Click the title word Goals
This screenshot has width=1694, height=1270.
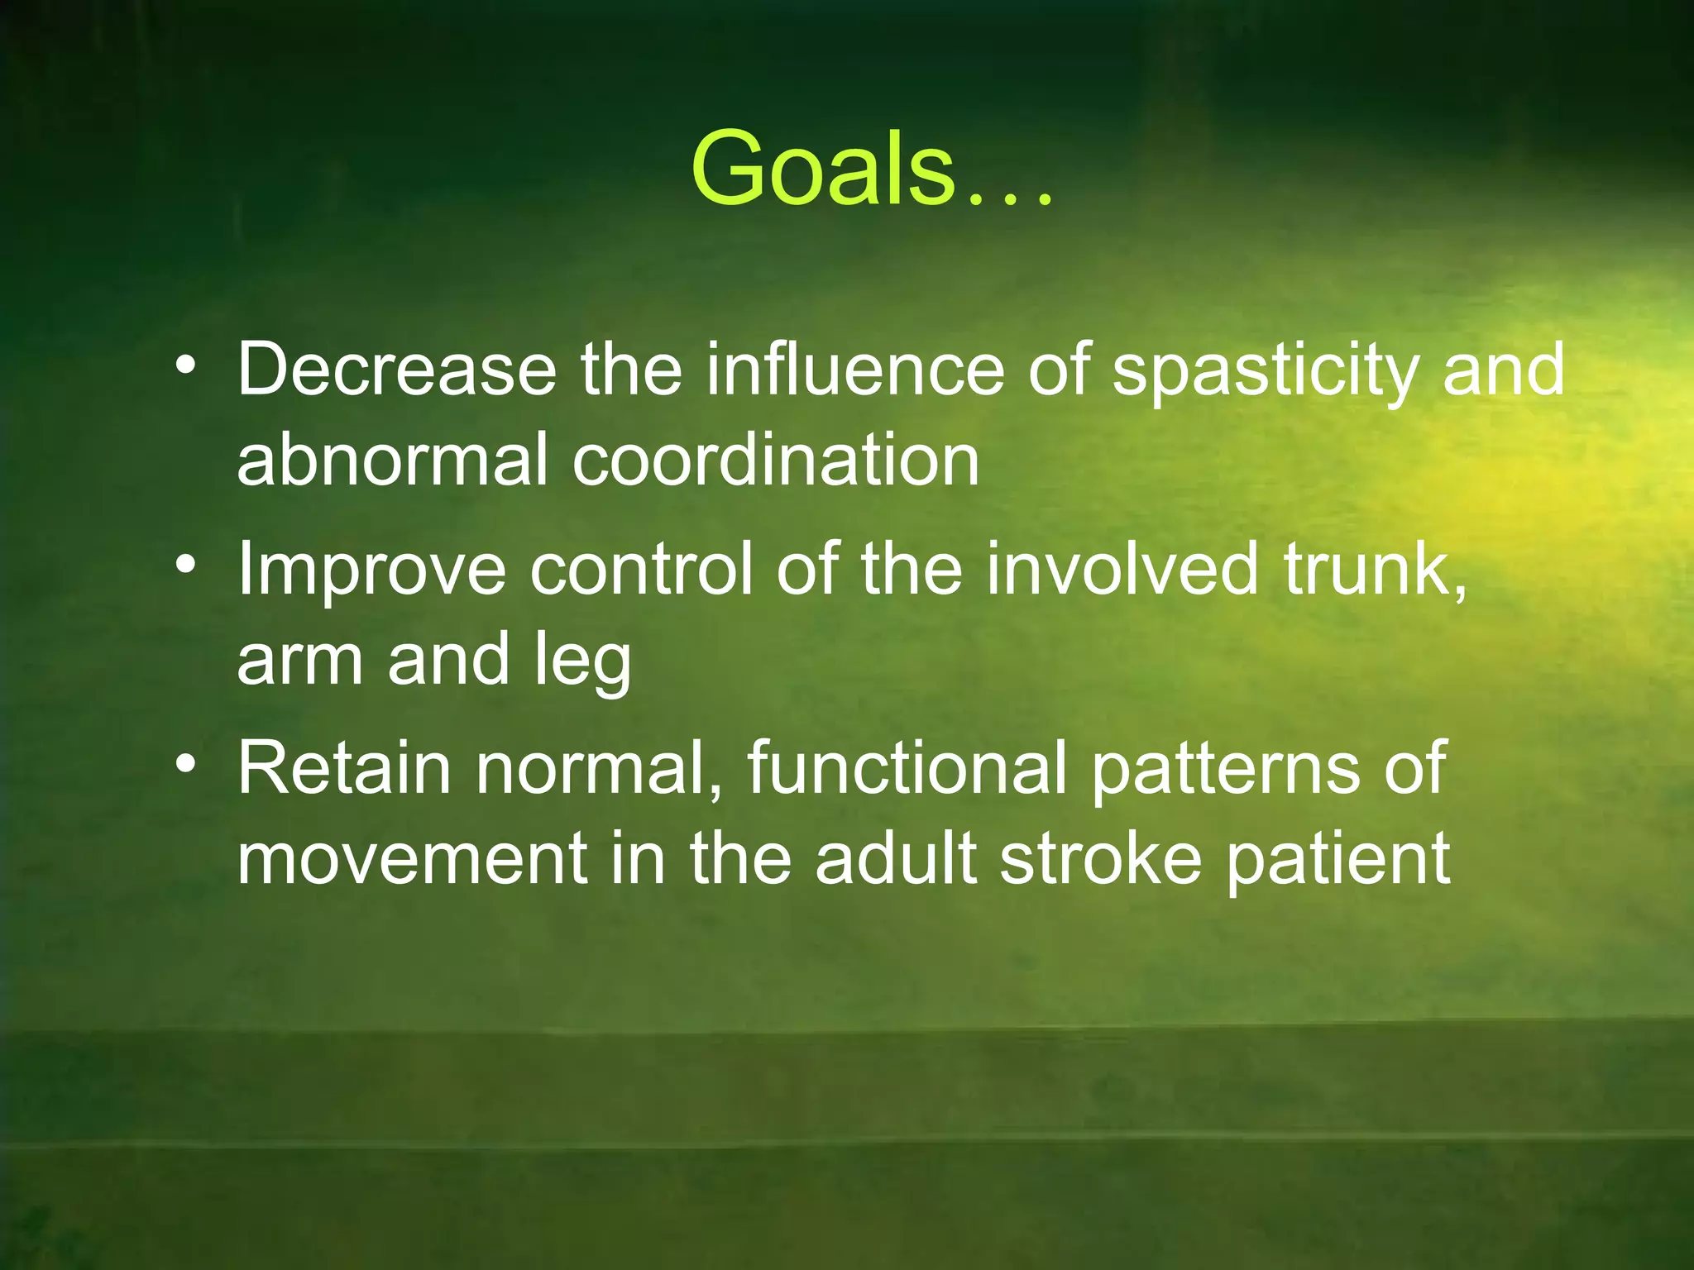pyautogui.click(x=823, y=169)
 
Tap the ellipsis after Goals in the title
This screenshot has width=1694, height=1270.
pyautogui.click(x=1010, y=198)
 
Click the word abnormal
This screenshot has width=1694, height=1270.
pyautogui.click(x=393, y=460)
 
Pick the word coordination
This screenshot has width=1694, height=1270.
pyautogui.click(x=776, y=460)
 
